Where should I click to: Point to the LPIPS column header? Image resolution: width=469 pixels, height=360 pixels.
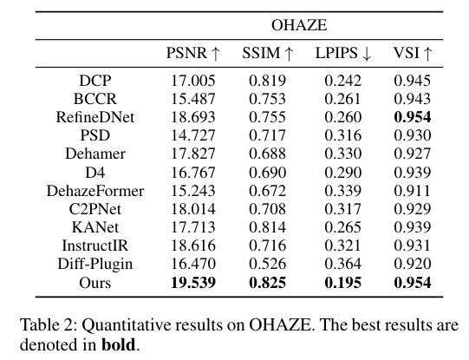[342, 54]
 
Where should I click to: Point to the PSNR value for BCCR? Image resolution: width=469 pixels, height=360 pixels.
[193, 97]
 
